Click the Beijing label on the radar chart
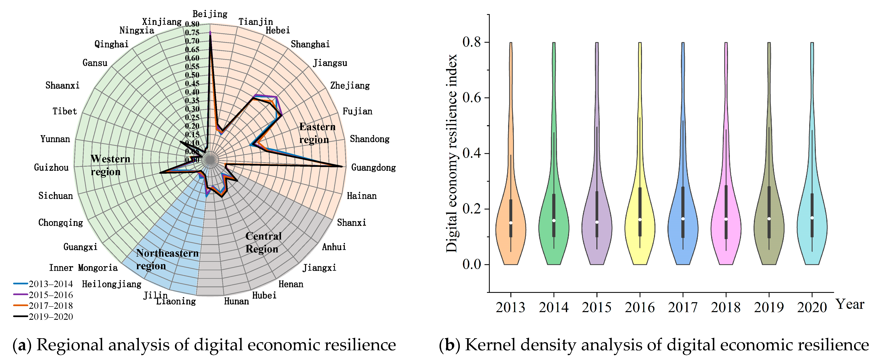210,14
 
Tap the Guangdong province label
373,167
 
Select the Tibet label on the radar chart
64,111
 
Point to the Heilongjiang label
111,284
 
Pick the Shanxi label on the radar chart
351,223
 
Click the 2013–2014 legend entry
43,284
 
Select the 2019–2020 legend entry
43,317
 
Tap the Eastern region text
317,133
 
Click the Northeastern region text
167,259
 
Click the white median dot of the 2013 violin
511,223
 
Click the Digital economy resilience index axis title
452,153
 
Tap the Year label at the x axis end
850,304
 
